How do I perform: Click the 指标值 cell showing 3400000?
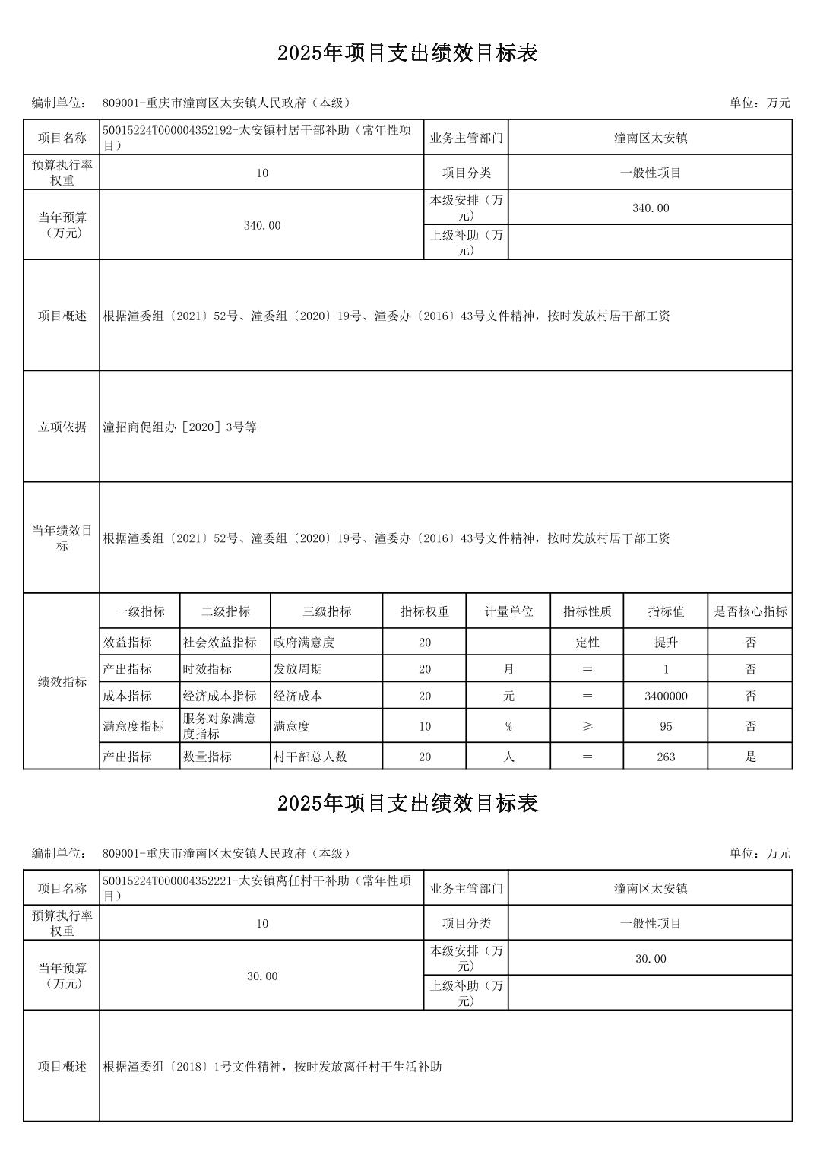click(666, 696)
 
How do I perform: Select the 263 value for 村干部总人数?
click(666, 757)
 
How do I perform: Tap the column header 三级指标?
click(327, 611)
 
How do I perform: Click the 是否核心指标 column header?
click(750, 611)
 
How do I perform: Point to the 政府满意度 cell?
click(304, 643)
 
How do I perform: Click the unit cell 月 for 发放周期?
click(508, 669)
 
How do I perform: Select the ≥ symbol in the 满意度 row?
click(587, 726)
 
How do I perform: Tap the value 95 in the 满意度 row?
click(666, 726)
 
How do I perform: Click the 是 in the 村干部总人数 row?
click(750, 757)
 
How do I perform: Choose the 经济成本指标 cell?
click(220, 696)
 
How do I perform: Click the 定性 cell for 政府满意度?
click(587, 643)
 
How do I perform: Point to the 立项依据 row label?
click(62, 427)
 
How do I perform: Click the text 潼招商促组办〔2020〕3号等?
click(180, 427)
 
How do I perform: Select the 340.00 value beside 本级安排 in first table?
click(651, 208)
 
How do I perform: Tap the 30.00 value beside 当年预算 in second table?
click(262, 976)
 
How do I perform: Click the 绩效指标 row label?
click(62, 682)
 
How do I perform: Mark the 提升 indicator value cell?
click(666, 643)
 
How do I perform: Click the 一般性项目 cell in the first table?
click(651, 173)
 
